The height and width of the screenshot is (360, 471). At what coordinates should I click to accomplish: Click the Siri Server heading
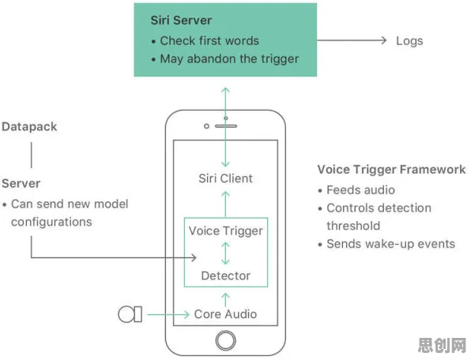click(181, 21)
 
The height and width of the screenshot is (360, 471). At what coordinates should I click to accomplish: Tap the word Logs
click(409, 41)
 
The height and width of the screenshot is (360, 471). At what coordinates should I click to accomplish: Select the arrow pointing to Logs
click(352, 40)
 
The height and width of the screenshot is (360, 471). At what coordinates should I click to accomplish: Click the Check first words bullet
click(205, 41)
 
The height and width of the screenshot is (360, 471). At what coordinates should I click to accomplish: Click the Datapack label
click(29, 126)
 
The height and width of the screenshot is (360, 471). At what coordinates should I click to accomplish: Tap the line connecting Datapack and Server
click(32, 155)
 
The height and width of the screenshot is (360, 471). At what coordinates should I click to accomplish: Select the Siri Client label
click(225, 178)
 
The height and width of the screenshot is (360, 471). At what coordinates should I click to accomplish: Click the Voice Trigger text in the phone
click(225, 231)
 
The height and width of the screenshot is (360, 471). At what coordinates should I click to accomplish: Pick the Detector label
click(225, 276)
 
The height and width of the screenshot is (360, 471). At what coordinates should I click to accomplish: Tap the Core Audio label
click(225, 314)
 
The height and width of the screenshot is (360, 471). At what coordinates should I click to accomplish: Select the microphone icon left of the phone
click(130, 314)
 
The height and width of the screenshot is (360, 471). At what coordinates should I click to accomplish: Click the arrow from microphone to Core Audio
click(168, 314)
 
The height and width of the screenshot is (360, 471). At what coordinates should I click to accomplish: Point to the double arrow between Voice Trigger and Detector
click(225, 253)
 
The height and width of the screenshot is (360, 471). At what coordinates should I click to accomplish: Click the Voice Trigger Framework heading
click(392, 170)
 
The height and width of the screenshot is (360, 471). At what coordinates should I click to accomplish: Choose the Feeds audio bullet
click(356, 190)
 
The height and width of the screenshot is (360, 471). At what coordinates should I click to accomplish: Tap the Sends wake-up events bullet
click(386, 244)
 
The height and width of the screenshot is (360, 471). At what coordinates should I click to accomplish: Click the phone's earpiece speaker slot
click(226, 126)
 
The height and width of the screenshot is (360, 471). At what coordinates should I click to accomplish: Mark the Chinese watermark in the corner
click(443, 345)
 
